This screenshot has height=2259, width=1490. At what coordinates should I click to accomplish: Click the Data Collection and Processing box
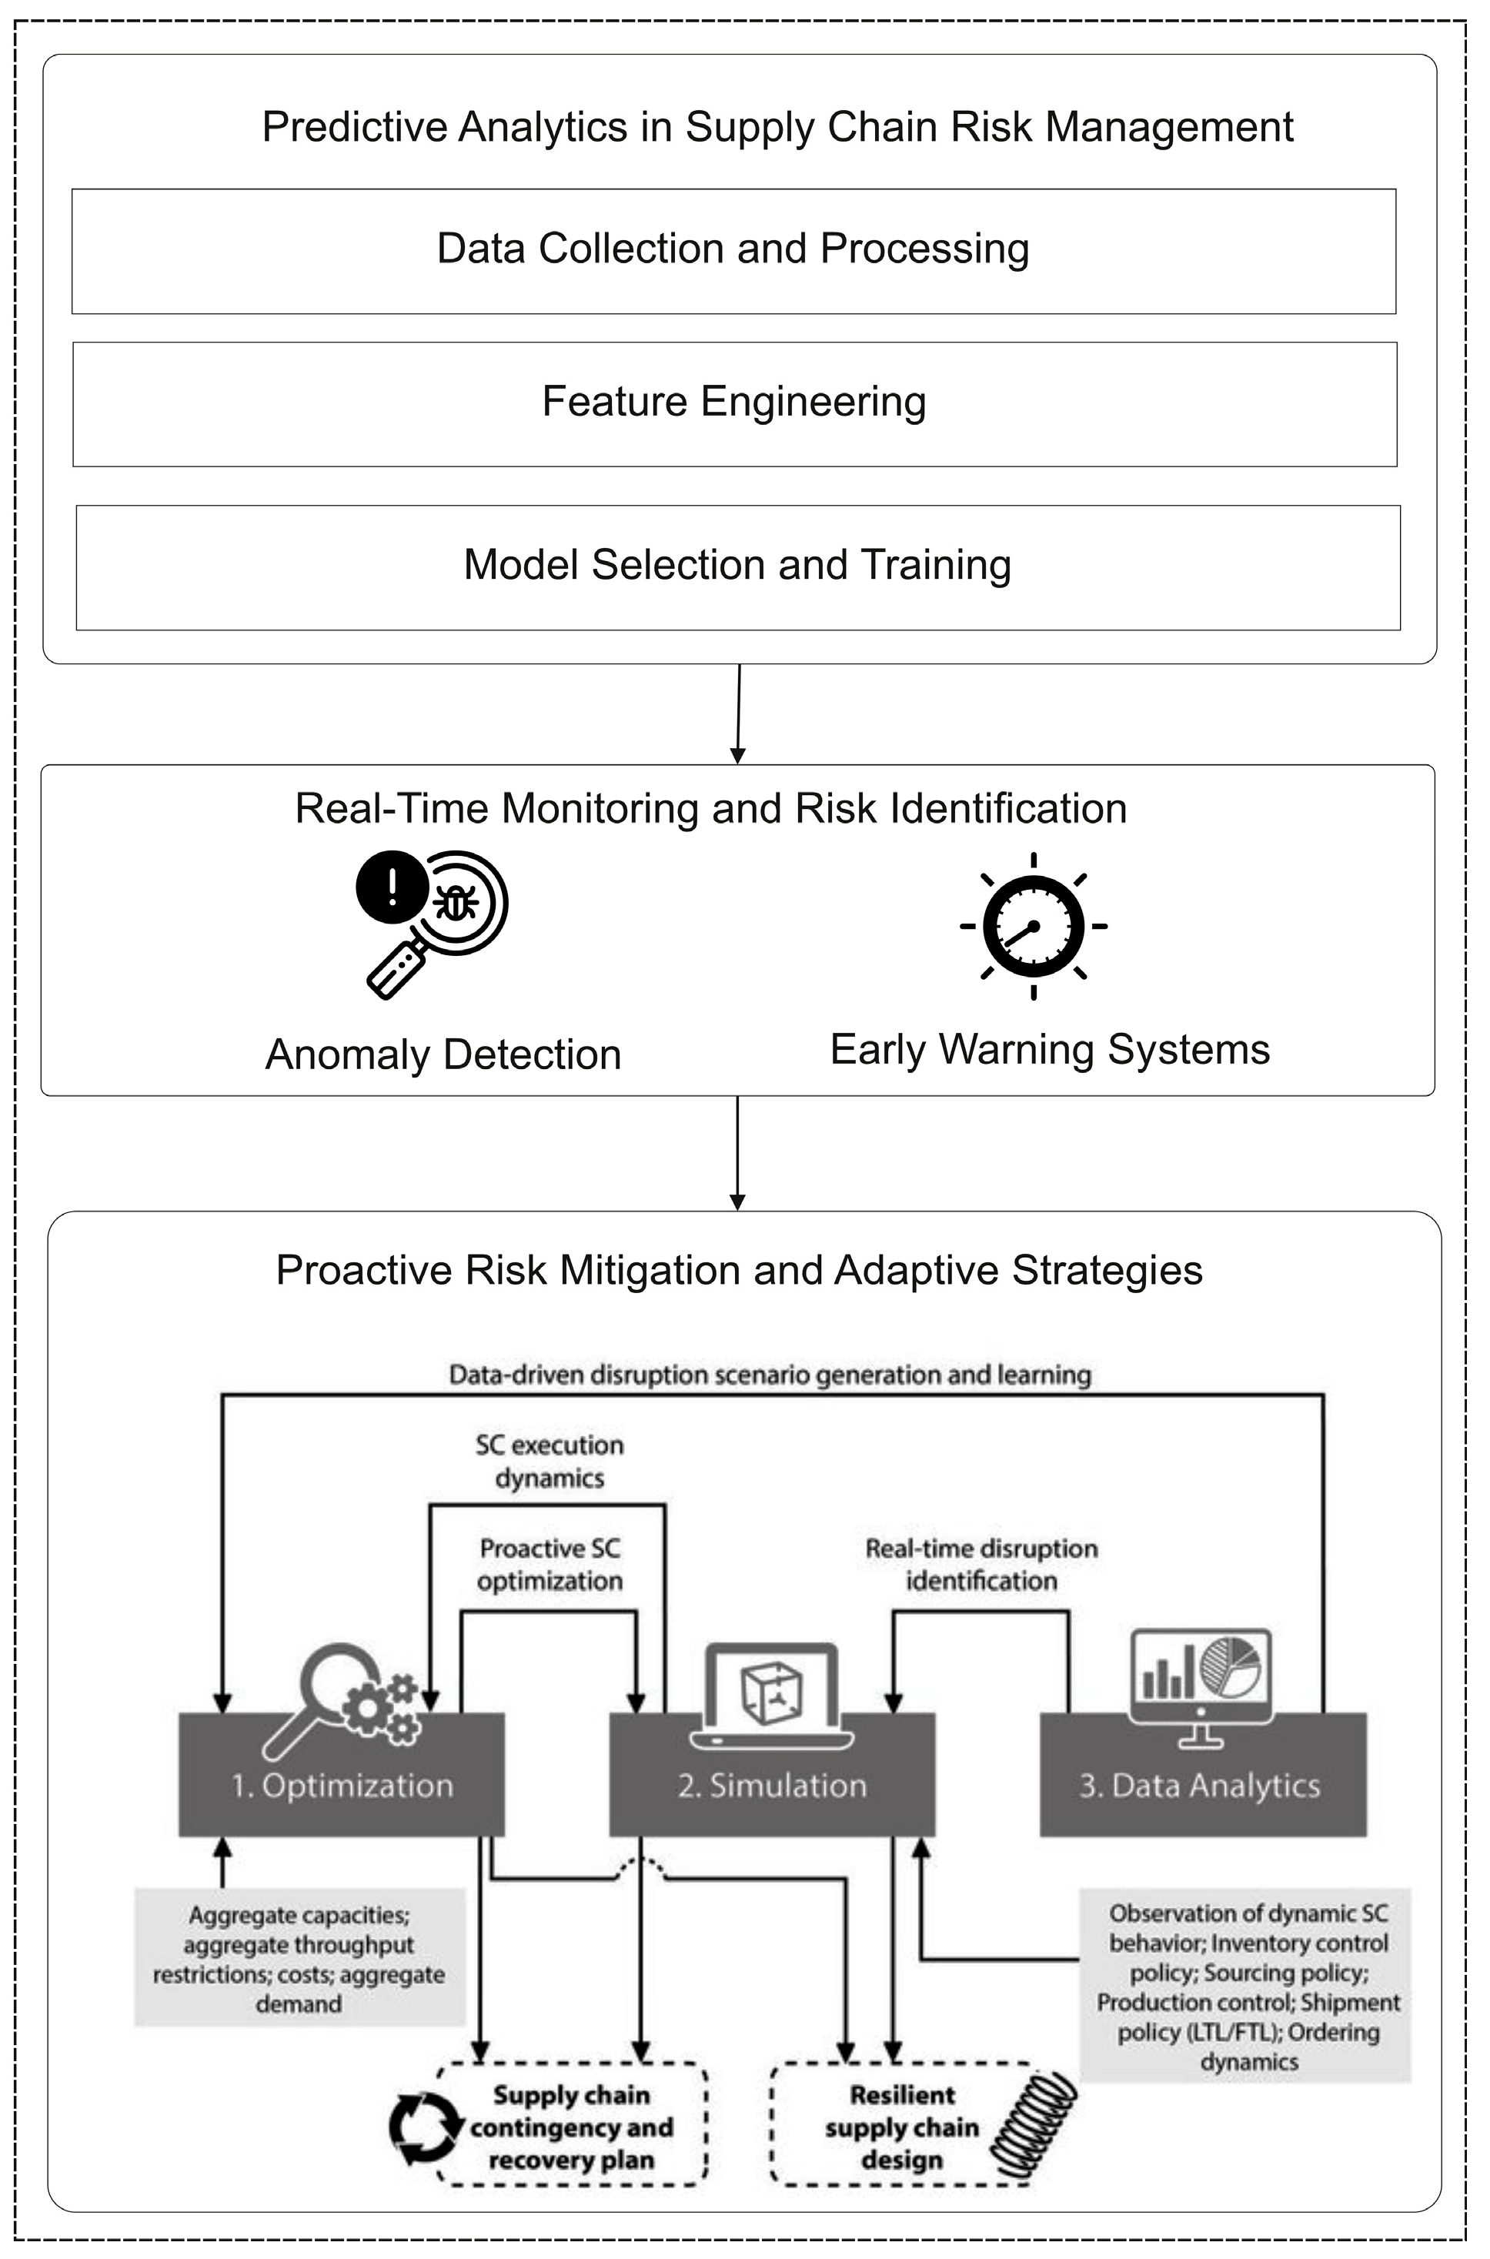(x=733, y=251)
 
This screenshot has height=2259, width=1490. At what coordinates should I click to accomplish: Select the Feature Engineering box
(x=733, y=403)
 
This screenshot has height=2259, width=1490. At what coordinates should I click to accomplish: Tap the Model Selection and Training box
(x=737, y=566)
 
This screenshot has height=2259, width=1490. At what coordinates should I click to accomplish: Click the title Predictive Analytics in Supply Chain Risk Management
(x=777, y=127)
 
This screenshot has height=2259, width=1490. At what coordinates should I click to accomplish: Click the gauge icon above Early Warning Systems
(x=1033, y=926)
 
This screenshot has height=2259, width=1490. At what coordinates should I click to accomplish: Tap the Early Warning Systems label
(x=1050, y=1050)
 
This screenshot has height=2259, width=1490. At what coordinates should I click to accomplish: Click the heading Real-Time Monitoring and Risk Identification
(x=711, y=809)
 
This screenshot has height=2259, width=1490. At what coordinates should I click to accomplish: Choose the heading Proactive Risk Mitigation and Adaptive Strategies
(x=740, y=1271)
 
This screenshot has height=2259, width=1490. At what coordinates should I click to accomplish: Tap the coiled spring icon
(x=1034, y=2126)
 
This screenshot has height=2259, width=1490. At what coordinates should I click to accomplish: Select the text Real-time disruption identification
(x=981, y=1564)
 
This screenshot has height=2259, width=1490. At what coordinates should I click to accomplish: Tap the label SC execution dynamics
(x=550, y=1462)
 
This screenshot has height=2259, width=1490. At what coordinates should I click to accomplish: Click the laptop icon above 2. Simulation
(x=772, y=1696)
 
